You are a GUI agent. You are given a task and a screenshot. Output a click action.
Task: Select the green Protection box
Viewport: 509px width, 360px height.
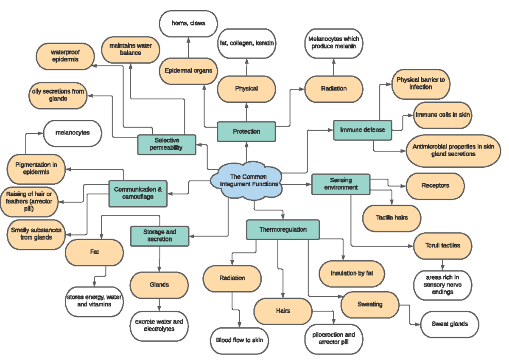[246, 131]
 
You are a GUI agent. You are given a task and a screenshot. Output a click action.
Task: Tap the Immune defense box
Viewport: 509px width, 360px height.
[363, 129]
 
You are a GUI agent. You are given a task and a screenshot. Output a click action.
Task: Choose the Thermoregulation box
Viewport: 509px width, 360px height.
[283, 229]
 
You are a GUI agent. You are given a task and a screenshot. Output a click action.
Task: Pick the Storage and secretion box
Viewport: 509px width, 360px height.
[159, 236]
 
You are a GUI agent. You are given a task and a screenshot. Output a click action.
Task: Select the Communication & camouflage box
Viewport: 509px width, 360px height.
[137, 193]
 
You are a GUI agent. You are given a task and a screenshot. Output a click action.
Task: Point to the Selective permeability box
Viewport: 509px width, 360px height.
[166, 144]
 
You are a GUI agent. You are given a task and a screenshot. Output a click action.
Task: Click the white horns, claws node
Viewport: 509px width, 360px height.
[188, 23]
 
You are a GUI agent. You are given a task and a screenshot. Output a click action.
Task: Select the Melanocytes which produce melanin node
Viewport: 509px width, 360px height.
[333, 42]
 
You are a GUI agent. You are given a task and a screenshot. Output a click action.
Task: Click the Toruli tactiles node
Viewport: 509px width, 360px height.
[442, 245]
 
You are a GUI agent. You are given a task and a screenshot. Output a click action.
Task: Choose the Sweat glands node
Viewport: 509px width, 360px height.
[450, 324]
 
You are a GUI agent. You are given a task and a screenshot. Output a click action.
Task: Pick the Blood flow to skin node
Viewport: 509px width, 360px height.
[239, 340]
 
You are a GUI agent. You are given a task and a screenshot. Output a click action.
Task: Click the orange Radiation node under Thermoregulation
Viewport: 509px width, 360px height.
[232, 278]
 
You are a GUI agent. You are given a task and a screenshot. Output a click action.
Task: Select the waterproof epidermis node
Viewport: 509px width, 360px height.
[65, 56]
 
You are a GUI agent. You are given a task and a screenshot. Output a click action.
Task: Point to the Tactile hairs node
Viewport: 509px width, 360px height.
[392, 217]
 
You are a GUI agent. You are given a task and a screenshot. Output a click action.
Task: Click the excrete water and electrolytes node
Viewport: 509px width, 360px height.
[159, 325]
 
